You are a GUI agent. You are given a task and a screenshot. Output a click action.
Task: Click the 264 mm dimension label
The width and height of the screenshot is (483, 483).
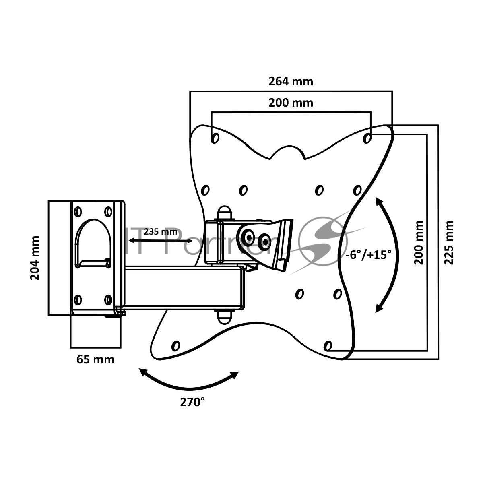pyautogui.click(x=291, y=81)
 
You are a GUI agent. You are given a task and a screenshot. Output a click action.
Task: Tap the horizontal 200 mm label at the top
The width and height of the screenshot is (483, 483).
pyautogui.click(x=291, y=103)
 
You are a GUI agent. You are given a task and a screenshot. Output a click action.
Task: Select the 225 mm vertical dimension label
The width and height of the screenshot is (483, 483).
pyautogui.click(x=449, y=242)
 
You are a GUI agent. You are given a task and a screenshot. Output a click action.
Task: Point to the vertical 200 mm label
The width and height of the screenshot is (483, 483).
pyautogui.click(x=419, y=242)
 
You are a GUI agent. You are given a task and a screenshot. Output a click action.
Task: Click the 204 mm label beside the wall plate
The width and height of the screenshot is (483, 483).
pyautogui.click(x=35, y=258)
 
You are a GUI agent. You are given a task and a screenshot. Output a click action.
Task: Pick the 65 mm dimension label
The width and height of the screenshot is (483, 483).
pyautogui.click(x=95, y=359)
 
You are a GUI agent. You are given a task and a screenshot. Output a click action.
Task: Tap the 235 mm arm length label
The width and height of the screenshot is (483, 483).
pyautogui.click(x=161, y=231)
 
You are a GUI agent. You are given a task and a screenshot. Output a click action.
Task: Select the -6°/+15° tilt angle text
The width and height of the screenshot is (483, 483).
pyautogui.click(x=368, y=254)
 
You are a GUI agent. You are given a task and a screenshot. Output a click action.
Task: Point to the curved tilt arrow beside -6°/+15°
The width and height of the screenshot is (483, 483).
pyautogui.click(x=388, y=254)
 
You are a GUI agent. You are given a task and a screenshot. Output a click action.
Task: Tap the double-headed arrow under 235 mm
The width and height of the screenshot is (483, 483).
pyautogui.click(x=161, y=241)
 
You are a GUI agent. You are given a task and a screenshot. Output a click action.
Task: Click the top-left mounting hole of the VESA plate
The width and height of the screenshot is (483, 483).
pyautogui.click(x=215, y=138)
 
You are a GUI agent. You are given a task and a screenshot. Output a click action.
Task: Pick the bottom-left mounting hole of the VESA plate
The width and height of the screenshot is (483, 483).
pyautogui.click(x=175, y=345)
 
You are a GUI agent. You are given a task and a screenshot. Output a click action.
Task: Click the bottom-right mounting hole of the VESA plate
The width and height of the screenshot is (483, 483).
pyautogui.click(x=328, y=345)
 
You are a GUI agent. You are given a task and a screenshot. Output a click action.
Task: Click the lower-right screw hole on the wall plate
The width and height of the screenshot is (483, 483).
pyautogui.click(x=108, y=299)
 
